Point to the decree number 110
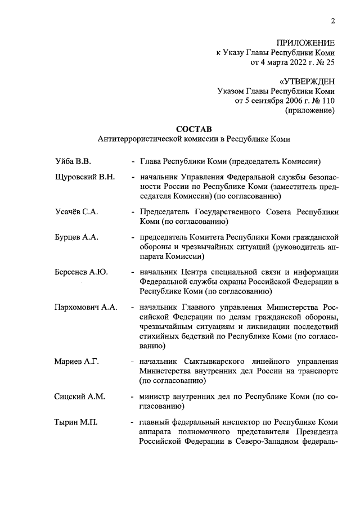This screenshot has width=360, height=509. pyautogui.click(x=327, y=101)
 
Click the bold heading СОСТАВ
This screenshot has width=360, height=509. pyautogui.click(x=193, y=128)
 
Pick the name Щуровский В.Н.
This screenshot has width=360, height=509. pyautogui.click(x=85, y=178)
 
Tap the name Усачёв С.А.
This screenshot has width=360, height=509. pyautogui.click(x=76, y=213)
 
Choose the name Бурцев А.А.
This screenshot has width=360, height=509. pyautogui.click(x=76, y=237)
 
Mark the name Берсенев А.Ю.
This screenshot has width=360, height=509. pyautogui.click(x=81, y=272)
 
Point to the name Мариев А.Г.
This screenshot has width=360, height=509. pyautogui.click(x=76, y=361)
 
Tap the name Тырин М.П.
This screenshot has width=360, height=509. pyautogui.click(x=76, y=421)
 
